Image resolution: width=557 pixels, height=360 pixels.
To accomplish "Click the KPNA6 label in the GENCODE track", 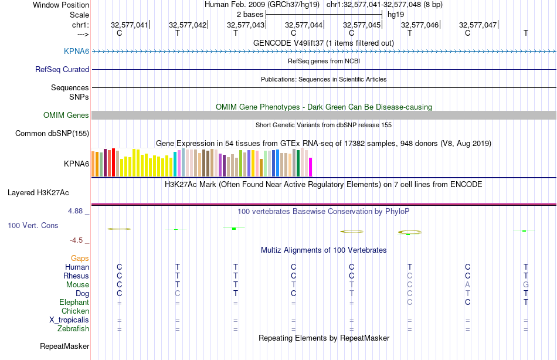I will click(76, 52).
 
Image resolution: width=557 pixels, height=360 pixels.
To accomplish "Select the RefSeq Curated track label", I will click(62, 69).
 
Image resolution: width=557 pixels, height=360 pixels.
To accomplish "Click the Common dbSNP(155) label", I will click(52, 134).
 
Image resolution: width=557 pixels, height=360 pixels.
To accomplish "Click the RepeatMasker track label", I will click(64, 347).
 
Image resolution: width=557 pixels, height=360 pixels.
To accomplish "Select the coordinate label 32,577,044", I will click(303, 25).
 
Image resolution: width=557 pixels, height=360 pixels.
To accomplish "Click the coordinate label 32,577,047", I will click(477, 25).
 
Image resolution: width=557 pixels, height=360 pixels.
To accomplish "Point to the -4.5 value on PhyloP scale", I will click(79, 240).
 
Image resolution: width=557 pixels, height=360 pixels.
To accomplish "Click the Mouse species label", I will click(77, 285).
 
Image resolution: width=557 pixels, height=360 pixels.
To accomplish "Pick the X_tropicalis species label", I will click(69, 320).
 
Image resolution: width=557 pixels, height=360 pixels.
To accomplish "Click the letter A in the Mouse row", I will click(467, 285).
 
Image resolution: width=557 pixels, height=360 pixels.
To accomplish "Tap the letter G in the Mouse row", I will click(525, 285).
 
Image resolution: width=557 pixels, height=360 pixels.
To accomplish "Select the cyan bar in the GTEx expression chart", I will click(175, 164).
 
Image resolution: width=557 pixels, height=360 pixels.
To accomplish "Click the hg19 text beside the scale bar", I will click(396, 13).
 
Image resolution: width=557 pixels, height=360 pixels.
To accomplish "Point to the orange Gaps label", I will click(80, 258).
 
